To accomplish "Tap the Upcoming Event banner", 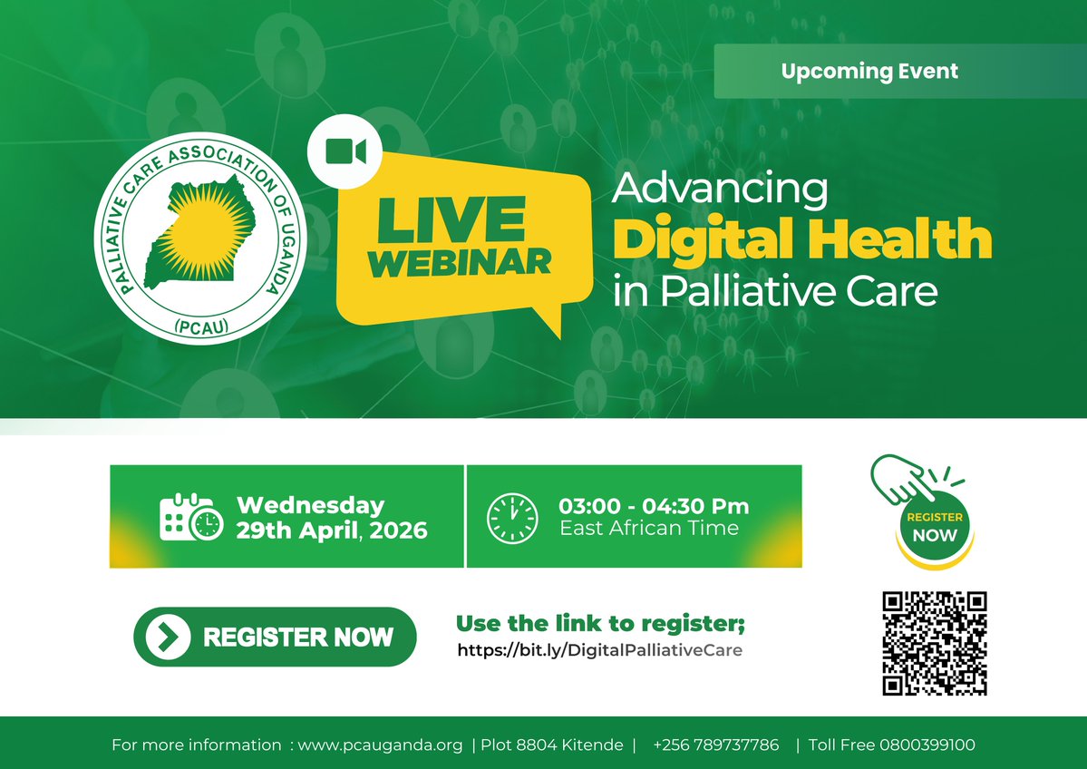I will [869, 71].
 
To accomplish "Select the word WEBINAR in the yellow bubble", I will [461, 261].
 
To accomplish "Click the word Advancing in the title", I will [720, 189].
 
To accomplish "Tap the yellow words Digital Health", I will [802, 239].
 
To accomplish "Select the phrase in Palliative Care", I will [774, 292].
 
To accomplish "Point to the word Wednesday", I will [310, 505].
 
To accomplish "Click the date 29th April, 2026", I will [331, 531].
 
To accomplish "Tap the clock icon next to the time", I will [512, 518].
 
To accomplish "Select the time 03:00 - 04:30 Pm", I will [654, 506].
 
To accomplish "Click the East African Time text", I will [649, 529].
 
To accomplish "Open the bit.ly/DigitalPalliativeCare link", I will [599, 650].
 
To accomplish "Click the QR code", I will [934, 643].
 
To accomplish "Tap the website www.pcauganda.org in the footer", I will [381, 745].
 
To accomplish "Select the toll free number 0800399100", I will [927, 745].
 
